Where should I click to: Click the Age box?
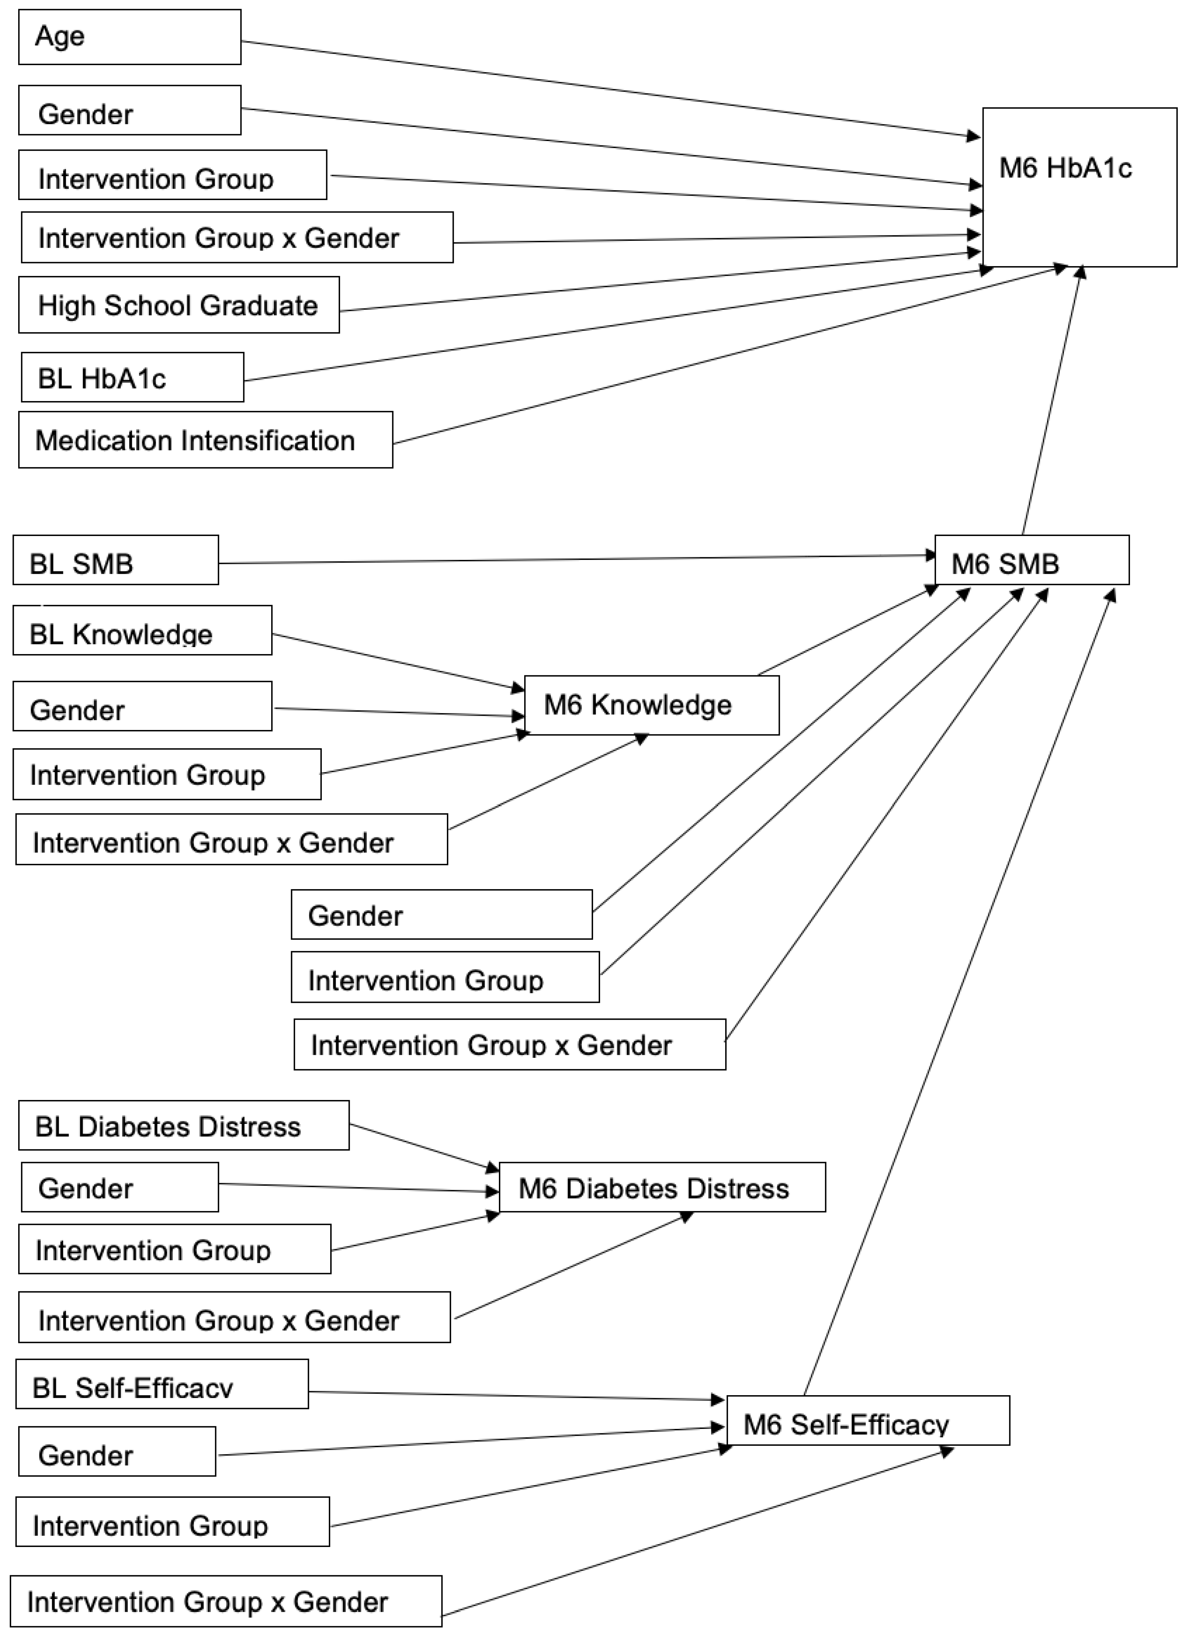[x=130, y=37]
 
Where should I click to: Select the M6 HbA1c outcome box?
[x=1079, y=187]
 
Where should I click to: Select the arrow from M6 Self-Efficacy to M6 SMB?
[x=958, y=994]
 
